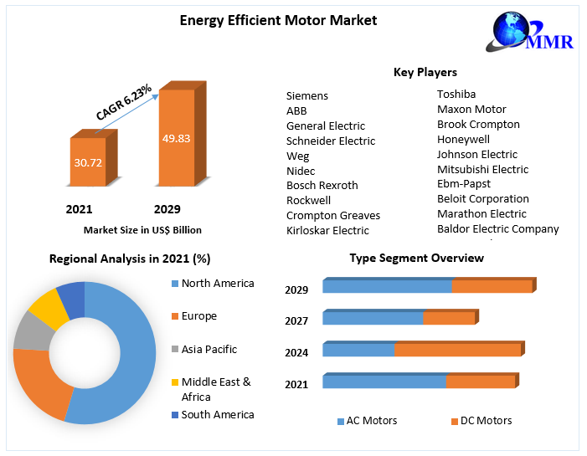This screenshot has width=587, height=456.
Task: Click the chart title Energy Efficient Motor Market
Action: pyautogui.click(x=266, y=20)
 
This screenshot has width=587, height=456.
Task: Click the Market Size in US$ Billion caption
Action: pyautogui.click(x=142, y=229)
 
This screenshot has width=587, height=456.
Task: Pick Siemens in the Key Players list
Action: pyautogui.click(x=307, y=96)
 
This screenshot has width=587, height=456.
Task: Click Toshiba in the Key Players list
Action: pyautogui.click(x=456, y=95)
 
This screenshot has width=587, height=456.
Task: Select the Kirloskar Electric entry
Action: pyautogui.click(x=327, y=230)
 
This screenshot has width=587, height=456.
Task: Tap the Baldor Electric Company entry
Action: pyautogui.click(x=497, y=228)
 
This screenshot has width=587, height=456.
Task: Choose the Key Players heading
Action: pyautogui.click(x=425, y=73)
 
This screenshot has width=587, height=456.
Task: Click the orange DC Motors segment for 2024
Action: pyautogui.click(x=457, y=350)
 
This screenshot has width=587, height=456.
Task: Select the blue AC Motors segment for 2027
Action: pyautogui.click(x=373, y=318)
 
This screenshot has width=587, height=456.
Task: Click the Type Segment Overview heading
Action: pyautogui.click(x=416, y=258)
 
